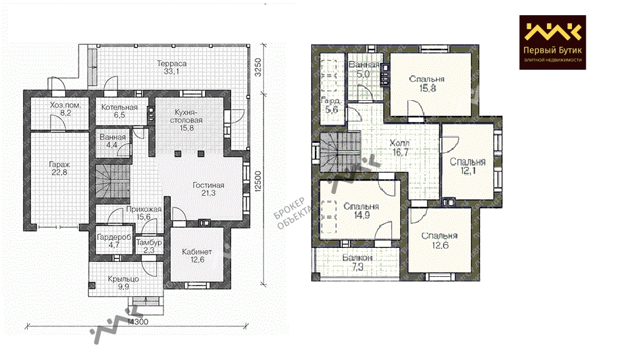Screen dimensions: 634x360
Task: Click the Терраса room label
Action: [x=171, y=67]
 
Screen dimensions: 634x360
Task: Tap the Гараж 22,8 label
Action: [x=59, y=169]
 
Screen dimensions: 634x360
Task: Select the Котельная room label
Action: [x=119, y=111]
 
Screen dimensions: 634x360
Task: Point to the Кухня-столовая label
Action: [x=187, y=120]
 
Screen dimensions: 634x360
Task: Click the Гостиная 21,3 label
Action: [x=208, y=189]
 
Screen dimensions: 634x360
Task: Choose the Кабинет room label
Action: [x=197, y=256]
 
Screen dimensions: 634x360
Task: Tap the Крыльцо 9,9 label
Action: [x=124, y=283]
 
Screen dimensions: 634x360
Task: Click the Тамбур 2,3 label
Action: [x=149, y=247]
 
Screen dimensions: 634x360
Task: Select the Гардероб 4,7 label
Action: [x=114, y=241]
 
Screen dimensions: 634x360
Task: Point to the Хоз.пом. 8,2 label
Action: [x=65, y=109]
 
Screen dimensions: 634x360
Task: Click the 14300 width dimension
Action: [x=138, y=322]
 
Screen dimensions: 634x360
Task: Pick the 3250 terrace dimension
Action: [x=258, y=67]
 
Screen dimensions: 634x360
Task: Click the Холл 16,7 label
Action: [x=400, y=148]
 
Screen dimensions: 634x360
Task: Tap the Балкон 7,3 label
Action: [x=357, y=262]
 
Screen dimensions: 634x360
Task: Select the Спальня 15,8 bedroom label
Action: [x=427, y=84]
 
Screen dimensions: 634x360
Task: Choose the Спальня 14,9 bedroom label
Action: [x=361, y=211]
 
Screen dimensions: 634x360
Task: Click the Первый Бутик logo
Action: [x=552, y=42]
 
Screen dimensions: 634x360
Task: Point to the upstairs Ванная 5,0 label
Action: [x=364, y=70]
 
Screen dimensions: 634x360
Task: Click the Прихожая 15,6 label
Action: [x=144, y=213]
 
